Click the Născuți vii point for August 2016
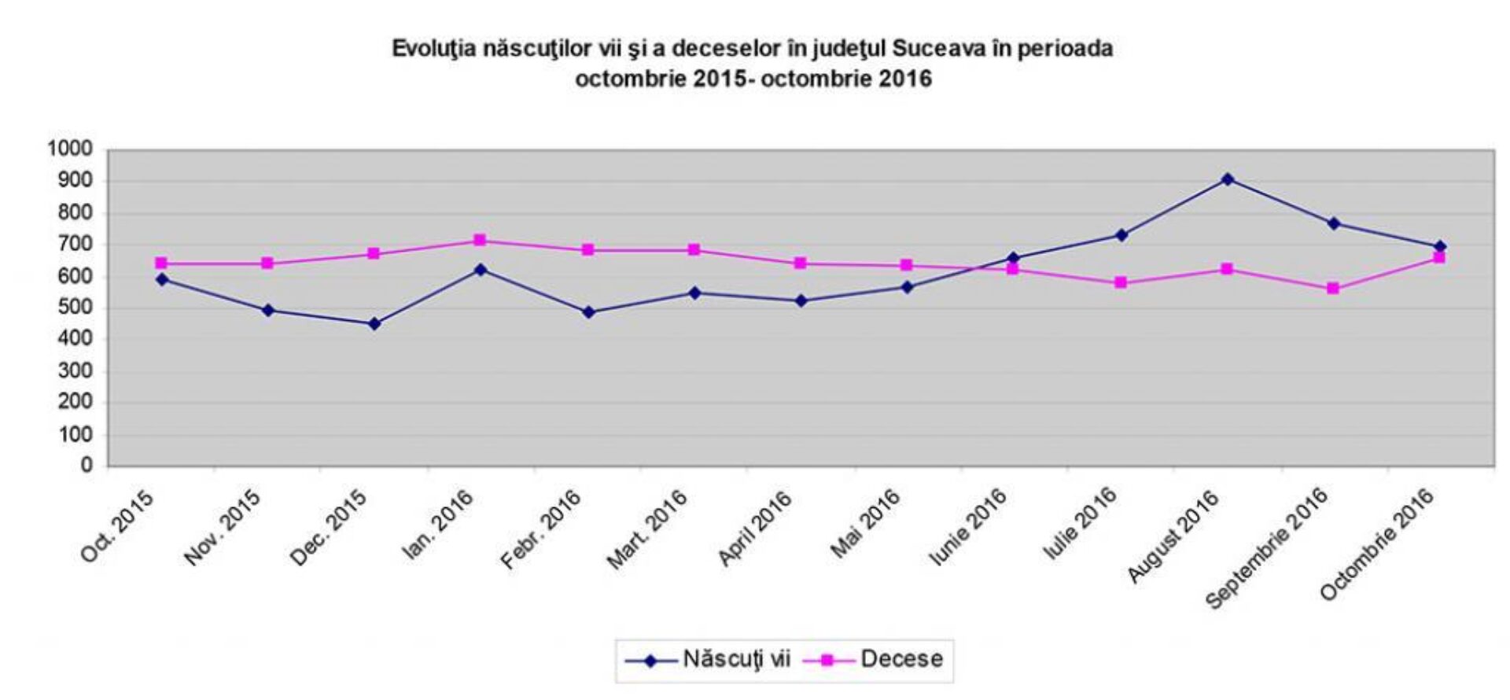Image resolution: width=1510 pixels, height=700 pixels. pyautogui.click(x=1227, y=179)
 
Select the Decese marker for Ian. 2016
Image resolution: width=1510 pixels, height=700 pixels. pyautogui.click(x=480, y=240)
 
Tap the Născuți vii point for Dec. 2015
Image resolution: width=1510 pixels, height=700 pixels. pyautogui.click(x=374, y=323)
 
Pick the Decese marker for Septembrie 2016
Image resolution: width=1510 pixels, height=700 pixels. pyautogui.click(x=1333, y=289)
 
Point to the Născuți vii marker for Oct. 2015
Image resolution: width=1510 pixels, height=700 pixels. pyautogui.click(x=162, y=279)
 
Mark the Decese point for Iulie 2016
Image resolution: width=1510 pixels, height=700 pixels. pyautogui.click(x=1121, y=282)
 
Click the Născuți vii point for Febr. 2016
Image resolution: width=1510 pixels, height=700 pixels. pyautogui.click(x=588, y=312)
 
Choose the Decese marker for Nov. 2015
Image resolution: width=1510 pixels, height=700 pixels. pyautogui.click(x=267, y=263)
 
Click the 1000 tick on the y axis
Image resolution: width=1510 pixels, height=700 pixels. pyautogui.click(x=70, y=149)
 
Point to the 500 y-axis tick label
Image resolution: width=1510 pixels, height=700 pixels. pyautogui.click(x=75, y=308)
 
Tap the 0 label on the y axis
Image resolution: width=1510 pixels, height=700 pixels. pyautogui.click(x=87, y=466)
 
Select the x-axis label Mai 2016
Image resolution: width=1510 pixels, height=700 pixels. pyautogui.click(x=866, y=523)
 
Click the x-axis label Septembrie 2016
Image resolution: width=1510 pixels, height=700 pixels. pyautogui.click(x=1267, y=548)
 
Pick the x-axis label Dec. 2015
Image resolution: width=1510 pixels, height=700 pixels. pyautogui.click(x=328, y=527)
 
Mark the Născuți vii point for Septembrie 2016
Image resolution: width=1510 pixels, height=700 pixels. pyautogui.click(x=1334, y=223)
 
